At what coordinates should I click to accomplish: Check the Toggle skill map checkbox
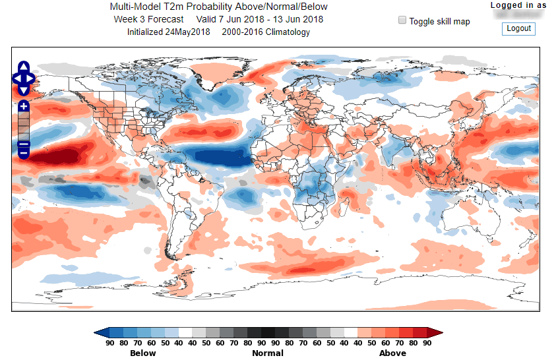[x=402, y=20]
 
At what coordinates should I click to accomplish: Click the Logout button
[x=518, y=28]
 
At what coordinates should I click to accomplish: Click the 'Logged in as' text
[x=518, y=5]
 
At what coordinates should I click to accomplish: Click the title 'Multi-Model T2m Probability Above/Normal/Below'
[x=218, y=7]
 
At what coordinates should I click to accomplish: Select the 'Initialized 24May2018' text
[x=169, y=32]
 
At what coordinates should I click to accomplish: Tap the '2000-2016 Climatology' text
[x=266, y=32]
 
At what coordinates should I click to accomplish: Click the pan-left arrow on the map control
[x=16, y=78]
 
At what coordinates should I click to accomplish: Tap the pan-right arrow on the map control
[x=30, y=78]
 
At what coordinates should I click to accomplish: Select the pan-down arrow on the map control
[x=24, y=90]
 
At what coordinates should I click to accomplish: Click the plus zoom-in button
[x=24, y=106]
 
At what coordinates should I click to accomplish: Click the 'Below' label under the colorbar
[x=143, y=353]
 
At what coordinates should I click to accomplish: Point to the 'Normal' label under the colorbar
[x=268, y=353]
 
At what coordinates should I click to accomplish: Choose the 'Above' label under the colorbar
[x=392, y=353]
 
